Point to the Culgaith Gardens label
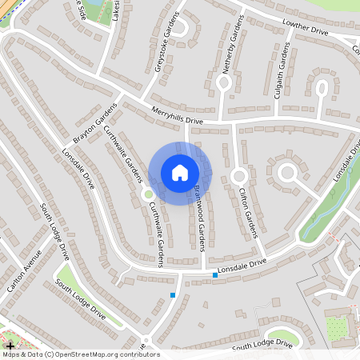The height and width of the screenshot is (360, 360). point(283,68)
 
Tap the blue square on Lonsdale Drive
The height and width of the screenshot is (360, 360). point(215,275)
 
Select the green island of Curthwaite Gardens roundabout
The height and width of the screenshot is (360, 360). point(147,193)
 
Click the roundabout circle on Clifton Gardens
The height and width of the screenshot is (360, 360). point(238,174)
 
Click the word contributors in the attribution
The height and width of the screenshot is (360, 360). point(135,354)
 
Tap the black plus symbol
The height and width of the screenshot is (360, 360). point(9,344)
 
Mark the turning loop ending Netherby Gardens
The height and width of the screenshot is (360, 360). point(224,82)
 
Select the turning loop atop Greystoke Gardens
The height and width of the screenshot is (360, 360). point(181,26)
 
